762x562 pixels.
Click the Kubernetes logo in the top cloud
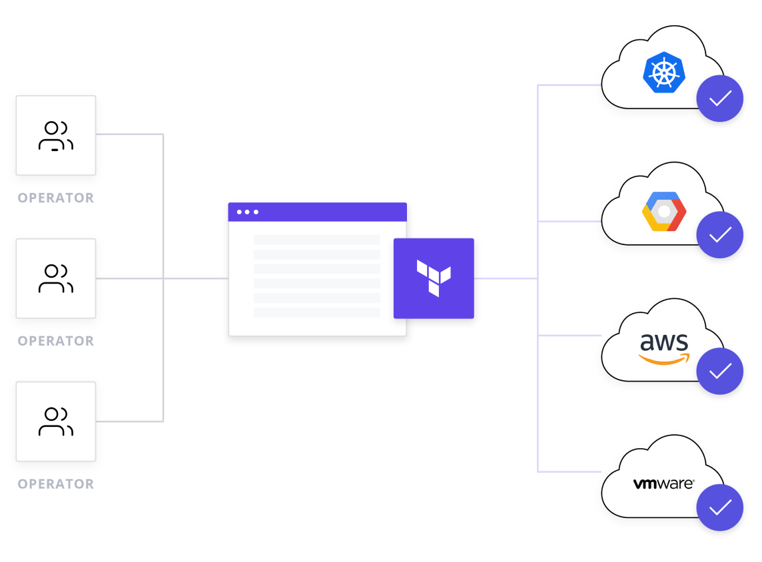pyautogui.click(x=663, y=73)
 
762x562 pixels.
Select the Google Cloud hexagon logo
pyautogui.click(x=663, y=211)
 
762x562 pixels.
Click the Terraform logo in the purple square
pyautogui.click(x=434, y=278)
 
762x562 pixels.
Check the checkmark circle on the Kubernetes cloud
pyautogui.click(x=720, y=99)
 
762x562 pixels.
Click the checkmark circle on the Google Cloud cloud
pyautogui.click(x=720, y=235)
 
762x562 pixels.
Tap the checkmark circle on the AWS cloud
pyautogui.click(x=720, y=371)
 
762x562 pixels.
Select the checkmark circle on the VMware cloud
pyautogui.click(x=720, y=507)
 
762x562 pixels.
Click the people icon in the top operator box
pyautogui.click(x=56, y=136)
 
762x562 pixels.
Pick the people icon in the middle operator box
pyautogui.click(x=56, y=278)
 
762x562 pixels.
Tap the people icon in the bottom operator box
pyautogui.click(x=56, y=422)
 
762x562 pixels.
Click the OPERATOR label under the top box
pyautogui.click(x=56, y=198)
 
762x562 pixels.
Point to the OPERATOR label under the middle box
pyautogui.click(x=56, y=341)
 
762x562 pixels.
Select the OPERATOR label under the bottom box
pyautogui.click(x=56, y=484)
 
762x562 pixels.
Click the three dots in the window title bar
pyautogui.click(x=248, y=212)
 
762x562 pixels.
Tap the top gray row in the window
pyautogui.click(x=317, y=240)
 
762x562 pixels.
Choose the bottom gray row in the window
pyautogui.click(x=317, y=312)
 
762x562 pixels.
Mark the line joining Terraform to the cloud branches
pyautogui.click(x=506, y=278)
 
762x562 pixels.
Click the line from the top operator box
pyautogui.click(x=130, y=135)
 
